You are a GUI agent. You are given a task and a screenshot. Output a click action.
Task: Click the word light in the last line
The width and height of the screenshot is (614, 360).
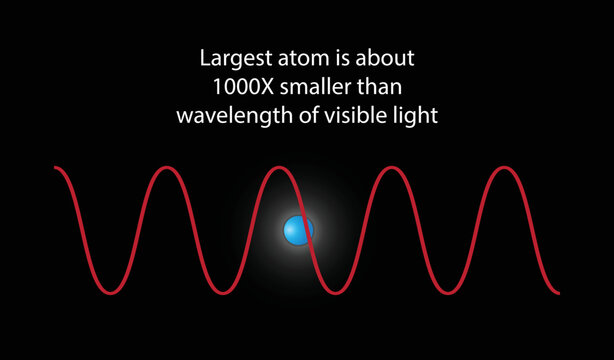(414, 114)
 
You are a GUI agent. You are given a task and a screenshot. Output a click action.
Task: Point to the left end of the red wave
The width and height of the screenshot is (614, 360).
(56, 170)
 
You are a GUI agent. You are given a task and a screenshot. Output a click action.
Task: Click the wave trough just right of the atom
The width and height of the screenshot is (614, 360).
(334, 294)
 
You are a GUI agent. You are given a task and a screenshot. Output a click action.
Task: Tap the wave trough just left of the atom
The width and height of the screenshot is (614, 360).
(222, 294)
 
